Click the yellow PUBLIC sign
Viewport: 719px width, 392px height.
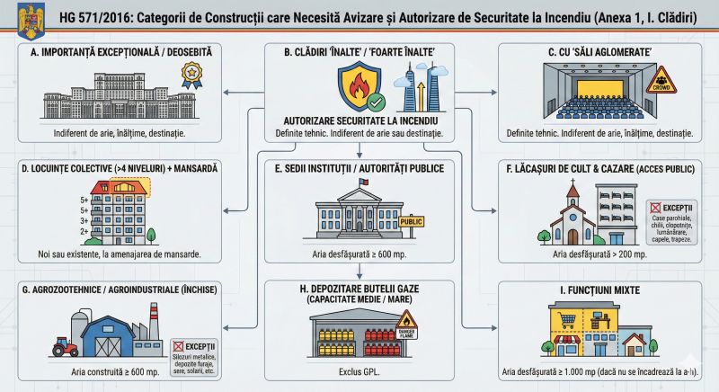click(411, 221)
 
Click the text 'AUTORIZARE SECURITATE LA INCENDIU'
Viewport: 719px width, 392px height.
click(360, 120)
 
